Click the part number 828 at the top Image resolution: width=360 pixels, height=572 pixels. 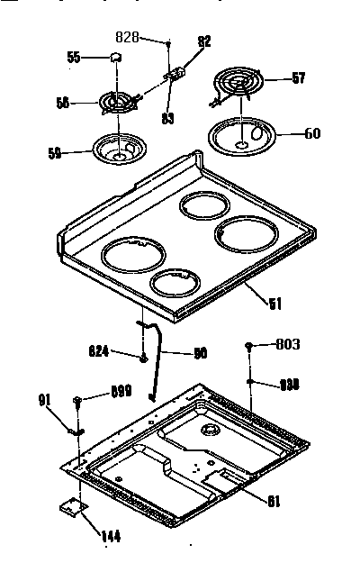click(129, 38)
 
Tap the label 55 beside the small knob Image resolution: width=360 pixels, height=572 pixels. click(75, 58)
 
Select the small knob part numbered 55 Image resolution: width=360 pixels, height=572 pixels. click(115, 58)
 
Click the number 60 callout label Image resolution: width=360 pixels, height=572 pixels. click(311, 135)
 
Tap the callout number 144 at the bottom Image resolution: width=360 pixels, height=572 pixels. click(110, 538)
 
